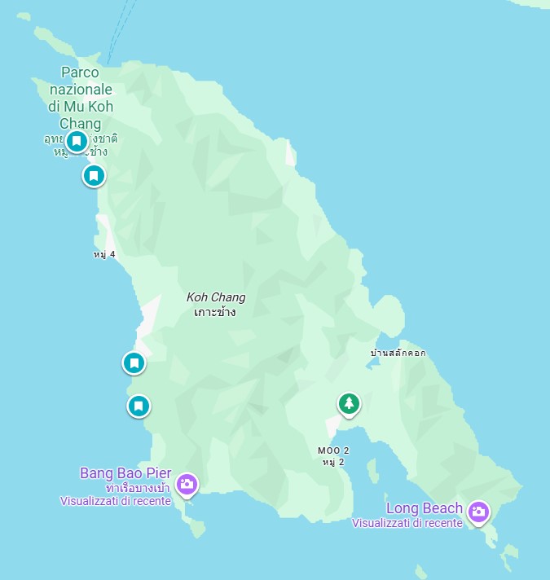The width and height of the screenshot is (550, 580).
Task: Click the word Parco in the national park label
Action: click(80, 72)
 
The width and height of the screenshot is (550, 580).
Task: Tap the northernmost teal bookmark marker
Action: click(77, 142)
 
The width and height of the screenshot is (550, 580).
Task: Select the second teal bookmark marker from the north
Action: click(94, 175)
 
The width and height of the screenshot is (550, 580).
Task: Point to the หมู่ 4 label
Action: click(104, 254)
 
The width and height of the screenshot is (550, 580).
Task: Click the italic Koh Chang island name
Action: click(216, 297)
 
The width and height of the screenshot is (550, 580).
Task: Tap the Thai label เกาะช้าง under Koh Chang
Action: click(216, 312)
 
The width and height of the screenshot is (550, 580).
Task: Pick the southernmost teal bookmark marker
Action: click(139, 405)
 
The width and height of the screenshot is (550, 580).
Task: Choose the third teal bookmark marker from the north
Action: click(134, 362)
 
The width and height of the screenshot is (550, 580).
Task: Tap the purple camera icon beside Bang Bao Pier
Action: click(187, 484)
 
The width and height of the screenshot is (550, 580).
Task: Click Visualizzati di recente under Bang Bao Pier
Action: click(115, 501)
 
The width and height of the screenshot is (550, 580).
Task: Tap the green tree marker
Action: click(349, 402)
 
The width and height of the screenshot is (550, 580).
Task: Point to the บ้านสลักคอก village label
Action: click(398, 353)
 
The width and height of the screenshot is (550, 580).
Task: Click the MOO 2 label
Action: click(333, 450)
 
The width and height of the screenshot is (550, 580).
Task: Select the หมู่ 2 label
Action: click(333, 462)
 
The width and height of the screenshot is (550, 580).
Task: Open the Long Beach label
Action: click(424, 508)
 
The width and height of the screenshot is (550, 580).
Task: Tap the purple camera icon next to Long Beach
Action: click(479, 511)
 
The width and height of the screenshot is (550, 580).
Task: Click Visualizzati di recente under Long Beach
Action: click(407, 523)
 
